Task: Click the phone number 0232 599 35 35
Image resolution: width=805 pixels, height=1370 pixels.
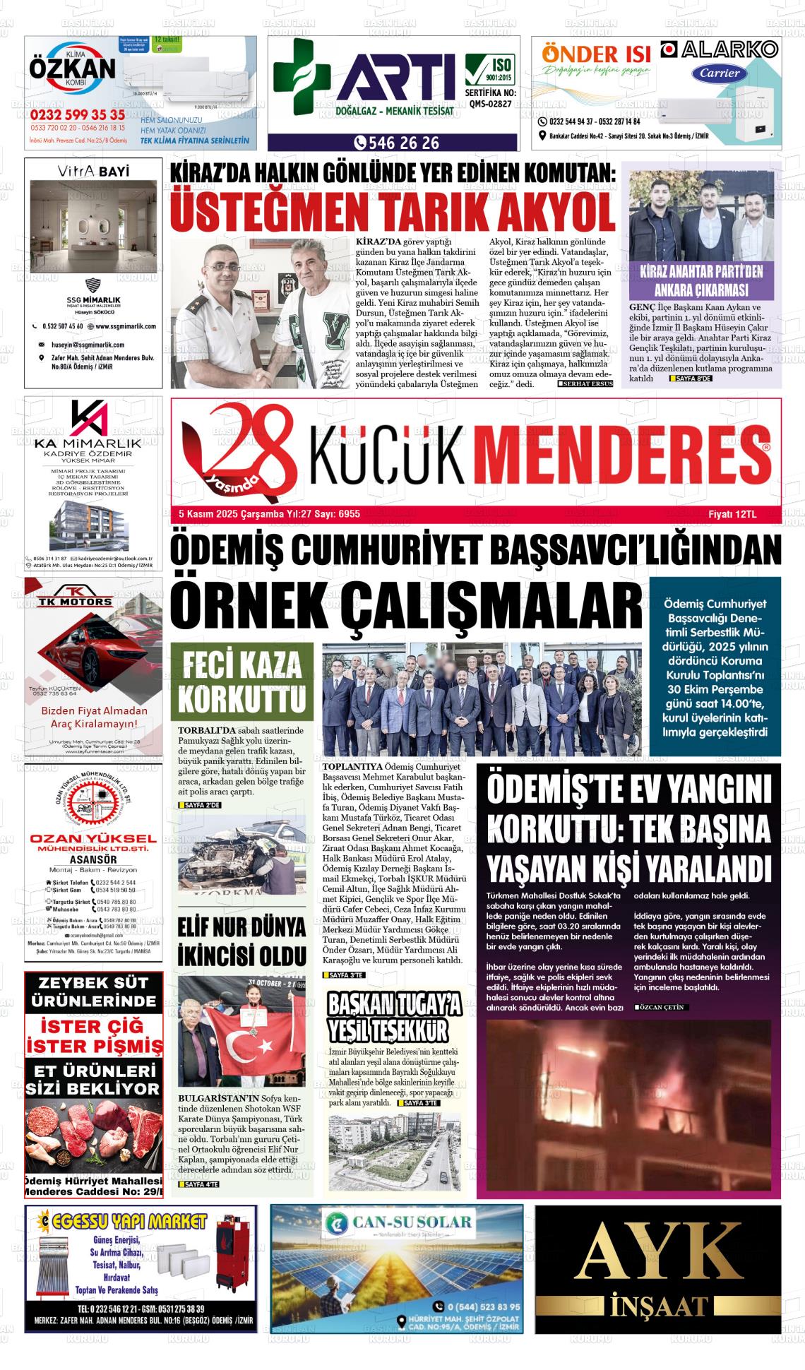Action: point(78,114)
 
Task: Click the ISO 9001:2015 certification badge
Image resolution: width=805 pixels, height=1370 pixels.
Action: point(490,69)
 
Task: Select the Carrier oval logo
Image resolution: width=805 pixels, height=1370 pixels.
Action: point(720,72)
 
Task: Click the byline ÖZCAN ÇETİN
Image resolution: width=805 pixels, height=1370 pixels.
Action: point(662,1008)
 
